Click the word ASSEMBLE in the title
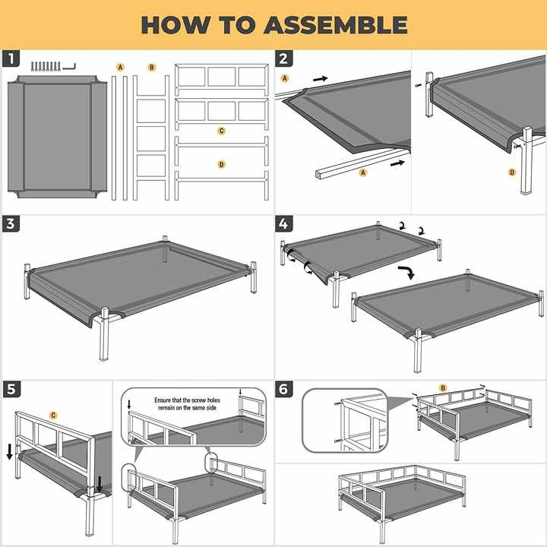[335, 25]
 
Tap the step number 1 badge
[11, 58]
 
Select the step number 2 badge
[283, 58]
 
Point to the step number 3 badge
[11, 223]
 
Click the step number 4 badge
[283, 223]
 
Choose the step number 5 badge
[11, 389]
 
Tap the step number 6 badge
[283, 389]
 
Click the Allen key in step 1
[69, 67]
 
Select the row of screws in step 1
[46, 66]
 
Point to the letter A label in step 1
[120, 68]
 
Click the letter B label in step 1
[152, 68]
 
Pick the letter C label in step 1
[222, 131]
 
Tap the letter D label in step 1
[222, 164]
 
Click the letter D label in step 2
[512, 172]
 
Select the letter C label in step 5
[53, 415]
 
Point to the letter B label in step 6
[443, 388]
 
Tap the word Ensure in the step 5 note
[163, 400]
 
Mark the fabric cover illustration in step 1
[58, 137]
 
